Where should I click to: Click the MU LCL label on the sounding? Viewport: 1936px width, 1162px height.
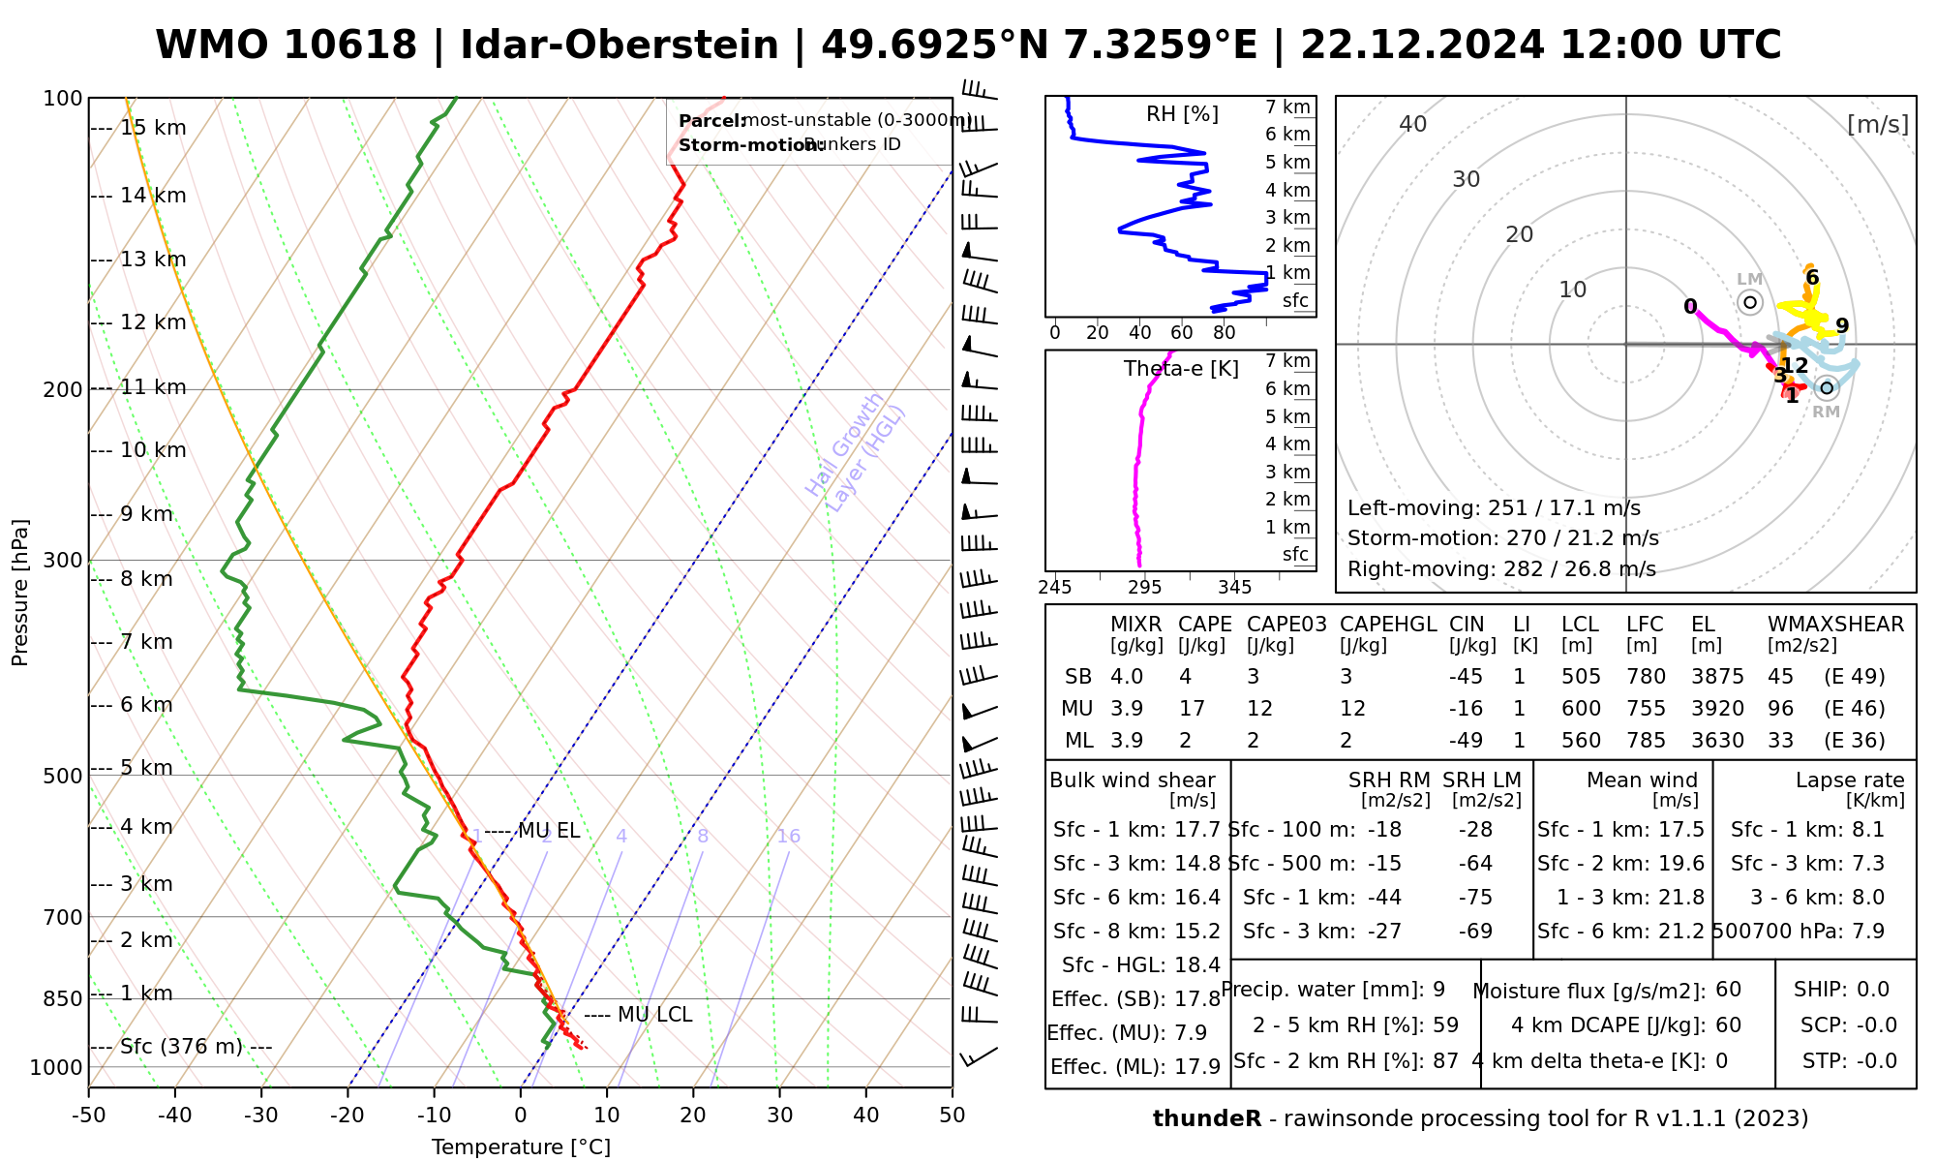(654, 1015)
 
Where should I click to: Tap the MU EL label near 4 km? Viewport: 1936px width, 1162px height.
(549, 831)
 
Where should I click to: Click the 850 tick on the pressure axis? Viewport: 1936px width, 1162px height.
(64, 998)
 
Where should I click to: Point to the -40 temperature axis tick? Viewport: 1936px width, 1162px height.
(175, 1116)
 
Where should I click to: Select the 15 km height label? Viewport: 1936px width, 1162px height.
(153, 128)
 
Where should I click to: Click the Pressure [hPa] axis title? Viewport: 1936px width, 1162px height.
(20, 593)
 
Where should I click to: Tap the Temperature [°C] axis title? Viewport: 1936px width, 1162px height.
(521, 1147)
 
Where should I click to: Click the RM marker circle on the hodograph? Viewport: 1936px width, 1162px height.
(1827, 388)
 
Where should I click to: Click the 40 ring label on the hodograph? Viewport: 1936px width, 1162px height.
(1413, 124)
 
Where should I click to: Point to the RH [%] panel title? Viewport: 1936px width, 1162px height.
(1182, 114)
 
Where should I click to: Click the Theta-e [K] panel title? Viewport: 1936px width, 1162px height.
(1181, 369)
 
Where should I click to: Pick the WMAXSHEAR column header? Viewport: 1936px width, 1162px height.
(1835, 625)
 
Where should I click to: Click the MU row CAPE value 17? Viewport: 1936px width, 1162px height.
(1192, 709)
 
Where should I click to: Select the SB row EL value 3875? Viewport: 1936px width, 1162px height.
(1717, 677)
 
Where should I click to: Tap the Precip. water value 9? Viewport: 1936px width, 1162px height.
(1438, 990)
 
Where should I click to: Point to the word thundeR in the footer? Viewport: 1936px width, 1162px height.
(1207, 1119)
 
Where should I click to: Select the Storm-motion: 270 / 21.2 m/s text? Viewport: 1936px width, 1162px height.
(1502, 538)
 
